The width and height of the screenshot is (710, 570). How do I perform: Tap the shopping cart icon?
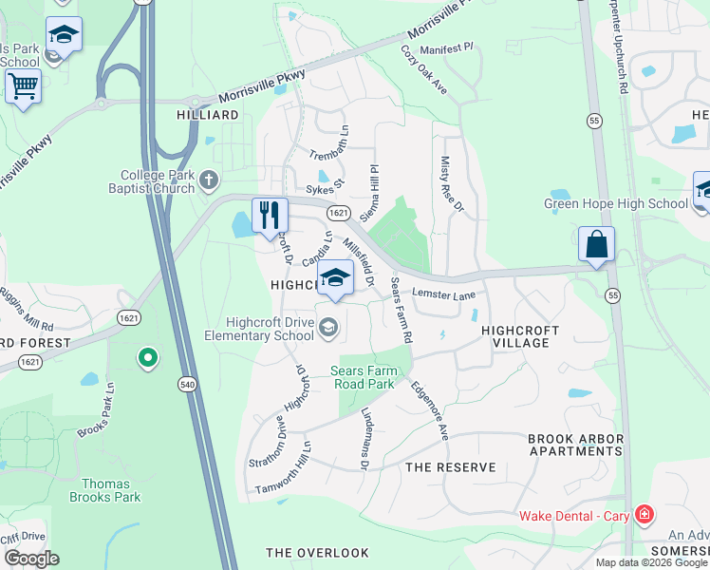23,87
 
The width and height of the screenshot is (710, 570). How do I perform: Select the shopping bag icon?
596,244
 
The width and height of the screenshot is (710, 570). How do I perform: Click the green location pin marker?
146,358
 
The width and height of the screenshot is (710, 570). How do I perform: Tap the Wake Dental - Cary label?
574,516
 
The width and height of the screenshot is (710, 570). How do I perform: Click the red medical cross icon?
645,515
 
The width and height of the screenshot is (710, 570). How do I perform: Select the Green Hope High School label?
615,203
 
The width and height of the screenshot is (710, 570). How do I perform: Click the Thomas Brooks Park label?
105,489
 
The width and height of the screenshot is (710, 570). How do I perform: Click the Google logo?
31,560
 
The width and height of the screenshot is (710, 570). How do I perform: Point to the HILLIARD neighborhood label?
208,115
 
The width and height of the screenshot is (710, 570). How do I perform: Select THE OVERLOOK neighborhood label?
317,552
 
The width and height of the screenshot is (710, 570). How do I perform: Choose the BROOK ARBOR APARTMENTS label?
576,446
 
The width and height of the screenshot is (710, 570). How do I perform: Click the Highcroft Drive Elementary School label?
258,330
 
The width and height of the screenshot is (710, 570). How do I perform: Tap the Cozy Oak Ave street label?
423,69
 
